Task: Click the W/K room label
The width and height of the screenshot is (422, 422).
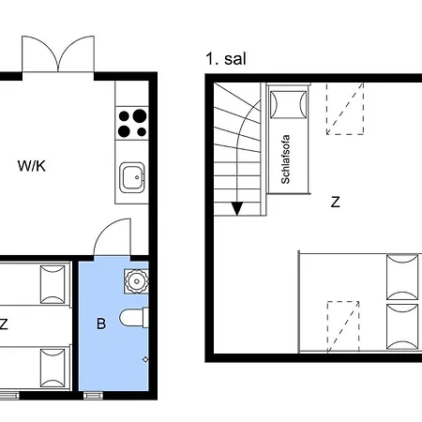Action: coord(32,166)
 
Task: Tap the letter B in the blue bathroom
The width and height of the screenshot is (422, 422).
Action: coord(101,324)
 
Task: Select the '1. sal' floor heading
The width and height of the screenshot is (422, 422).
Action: coord(226,59)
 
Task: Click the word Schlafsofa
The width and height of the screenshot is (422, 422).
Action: coord(285,159)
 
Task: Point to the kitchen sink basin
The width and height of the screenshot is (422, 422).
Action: coord(132,177)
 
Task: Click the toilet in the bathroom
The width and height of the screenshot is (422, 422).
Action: coord(133,318)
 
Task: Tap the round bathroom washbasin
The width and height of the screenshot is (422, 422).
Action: coord(136,281)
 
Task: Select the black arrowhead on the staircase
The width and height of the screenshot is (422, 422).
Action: coord(237,208)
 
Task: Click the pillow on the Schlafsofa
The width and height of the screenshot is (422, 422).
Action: coord(288,105)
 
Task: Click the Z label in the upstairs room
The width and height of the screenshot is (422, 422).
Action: coord(335,202)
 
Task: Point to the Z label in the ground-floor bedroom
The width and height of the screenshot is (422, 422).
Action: coord(4,324)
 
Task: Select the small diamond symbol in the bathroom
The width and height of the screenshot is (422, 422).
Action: coord(145,359)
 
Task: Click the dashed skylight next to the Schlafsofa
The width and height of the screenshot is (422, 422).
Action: coord(345,109)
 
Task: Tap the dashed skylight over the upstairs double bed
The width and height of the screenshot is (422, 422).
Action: coord(343,326)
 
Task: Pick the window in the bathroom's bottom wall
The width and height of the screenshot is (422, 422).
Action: coord(93,396)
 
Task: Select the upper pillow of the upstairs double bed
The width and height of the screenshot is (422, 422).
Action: coord(402,278)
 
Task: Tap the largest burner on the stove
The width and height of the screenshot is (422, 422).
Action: coord(140,115)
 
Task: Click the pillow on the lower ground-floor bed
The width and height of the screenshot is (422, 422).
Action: coord(53,369)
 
